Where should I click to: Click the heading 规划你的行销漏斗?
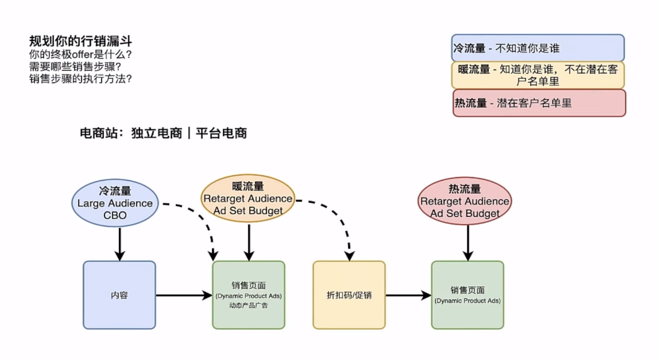[80, 41]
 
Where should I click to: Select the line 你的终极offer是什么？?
[80, 54]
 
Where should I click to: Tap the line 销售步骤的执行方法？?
[80, 79]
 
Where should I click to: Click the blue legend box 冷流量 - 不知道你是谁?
[538, 48]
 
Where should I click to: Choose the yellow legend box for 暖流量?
[538, 75]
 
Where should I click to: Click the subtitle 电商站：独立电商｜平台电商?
[163, 133]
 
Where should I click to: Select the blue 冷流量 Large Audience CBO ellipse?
[115, 202]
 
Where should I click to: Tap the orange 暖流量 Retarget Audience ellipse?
[248, 198]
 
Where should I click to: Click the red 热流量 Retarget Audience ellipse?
[465, 201]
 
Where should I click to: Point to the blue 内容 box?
[119, 295]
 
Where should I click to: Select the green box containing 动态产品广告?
[248, 295]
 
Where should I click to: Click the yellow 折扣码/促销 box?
[349, 295]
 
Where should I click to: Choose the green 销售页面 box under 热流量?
[467, 295]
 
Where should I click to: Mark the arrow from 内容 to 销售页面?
[184, 295]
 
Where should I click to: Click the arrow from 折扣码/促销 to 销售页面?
[408, 295]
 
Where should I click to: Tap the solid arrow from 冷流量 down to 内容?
[120, 244]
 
